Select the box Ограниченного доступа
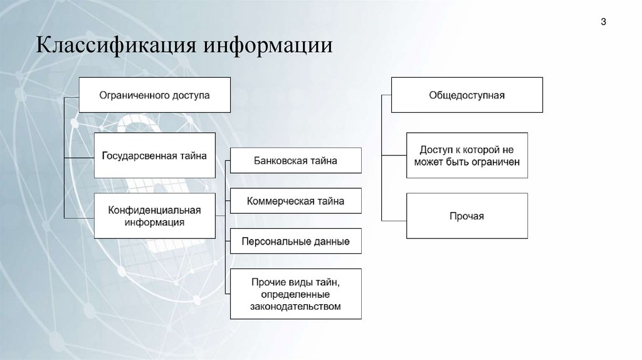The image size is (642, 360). tap(155, 95)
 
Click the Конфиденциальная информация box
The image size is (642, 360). tap(154, 216)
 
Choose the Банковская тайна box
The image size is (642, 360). tap(296, 161)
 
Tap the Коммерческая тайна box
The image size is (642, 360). tap(296, 201)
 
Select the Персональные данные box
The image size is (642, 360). tap(296, 241)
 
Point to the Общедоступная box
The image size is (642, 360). tap(467, 95)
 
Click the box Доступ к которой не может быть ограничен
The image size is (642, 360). tap(467, 156)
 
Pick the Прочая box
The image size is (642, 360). tap(467, 216)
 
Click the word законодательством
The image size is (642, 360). tap(296, 307)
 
